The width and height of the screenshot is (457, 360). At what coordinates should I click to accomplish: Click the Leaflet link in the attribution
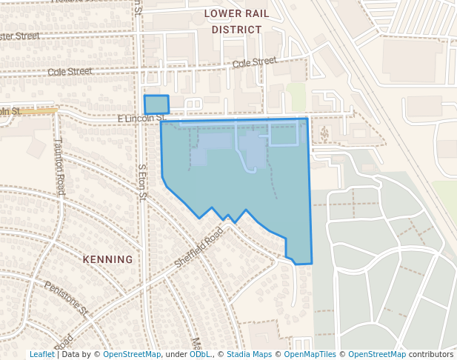tap(41, 355)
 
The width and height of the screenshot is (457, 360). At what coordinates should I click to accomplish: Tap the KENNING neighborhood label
tap(108, 259)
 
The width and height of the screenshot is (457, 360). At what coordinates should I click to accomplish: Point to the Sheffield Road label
tap(199, 249)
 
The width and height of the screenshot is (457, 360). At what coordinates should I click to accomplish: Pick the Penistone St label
tap(66, 296)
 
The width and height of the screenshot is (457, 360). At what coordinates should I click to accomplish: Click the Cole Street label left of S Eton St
tap(70, 72)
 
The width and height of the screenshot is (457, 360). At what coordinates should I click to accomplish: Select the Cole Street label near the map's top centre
tap(254, 63)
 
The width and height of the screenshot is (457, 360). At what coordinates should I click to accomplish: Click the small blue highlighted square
tap(156, 104)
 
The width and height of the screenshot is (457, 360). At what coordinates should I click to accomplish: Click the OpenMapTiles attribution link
tap(309, 355)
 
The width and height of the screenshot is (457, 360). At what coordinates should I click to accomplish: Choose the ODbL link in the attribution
tap(200, 355)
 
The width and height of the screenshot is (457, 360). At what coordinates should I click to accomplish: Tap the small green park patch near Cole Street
tap(297, 96)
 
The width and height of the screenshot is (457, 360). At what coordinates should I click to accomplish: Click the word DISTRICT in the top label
tap(236, 30)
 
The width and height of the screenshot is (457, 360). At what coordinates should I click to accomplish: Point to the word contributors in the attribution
tap(430, 355)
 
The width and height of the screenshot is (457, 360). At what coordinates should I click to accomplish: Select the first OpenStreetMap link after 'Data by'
tap(132, 355)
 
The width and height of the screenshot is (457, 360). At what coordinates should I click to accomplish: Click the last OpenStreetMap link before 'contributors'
tap(377, 355)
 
